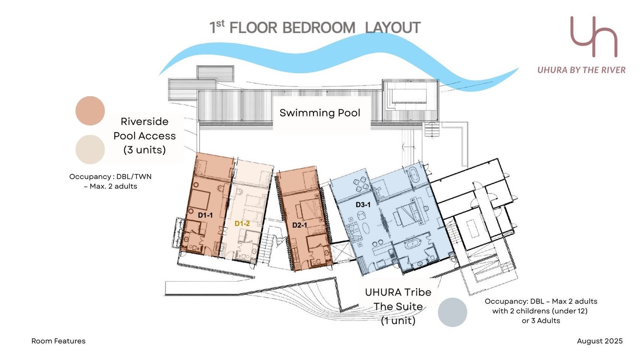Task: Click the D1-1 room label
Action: pyautogui.click(x=205, y=215)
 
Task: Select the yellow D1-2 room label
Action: pyautogui.click(x=242, y=224)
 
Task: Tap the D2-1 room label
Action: pyautogui.click(x=300, y=225)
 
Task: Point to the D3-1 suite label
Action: pyautogui.click(x=363, y=204)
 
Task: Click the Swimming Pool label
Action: pyautogui.click(x=320, y=113)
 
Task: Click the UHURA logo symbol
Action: pyautogui.click(x=594, y=36)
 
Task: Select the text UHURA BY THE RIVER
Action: pyautogui.click(x=582, y=70)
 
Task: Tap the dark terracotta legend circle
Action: pyautogui.click(x=90, y=110)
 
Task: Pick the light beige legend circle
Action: pyautogui.click(x=90, y=150)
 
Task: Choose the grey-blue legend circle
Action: pyautogui.click(x=452, y=312)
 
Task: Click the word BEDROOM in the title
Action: pyautogui.click(x=318, y=28)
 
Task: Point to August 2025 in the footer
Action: pyautogui.click(x=600, y=341)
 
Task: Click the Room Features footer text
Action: pyautogui.click(x=58, y=341)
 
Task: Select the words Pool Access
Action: pyautogui.click(x=144, y=136)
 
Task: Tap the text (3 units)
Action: pyautogui.click(x=144, y=150)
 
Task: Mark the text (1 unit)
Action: pyautogui.click(x=398, y=320)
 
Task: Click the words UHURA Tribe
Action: pyautogui.click(x=398, y=292)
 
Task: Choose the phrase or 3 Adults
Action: pyautogui.click(x=541, y=320)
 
